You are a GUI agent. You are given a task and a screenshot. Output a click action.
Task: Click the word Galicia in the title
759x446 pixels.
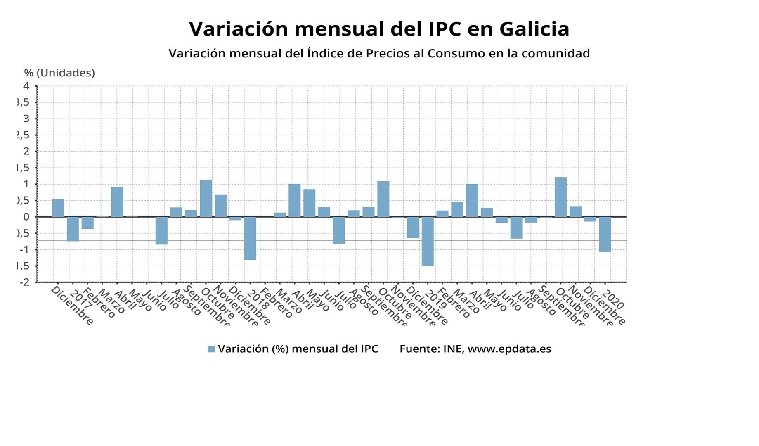tap(534, 29)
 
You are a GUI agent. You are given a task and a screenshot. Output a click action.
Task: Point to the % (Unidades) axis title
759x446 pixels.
tap(59, 73)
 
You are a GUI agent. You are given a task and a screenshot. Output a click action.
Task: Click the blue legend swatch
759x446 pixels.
tap(211, 349)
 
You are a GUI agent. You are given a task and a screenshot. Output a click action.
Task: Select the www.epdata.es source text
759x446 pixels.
tap(509, 349)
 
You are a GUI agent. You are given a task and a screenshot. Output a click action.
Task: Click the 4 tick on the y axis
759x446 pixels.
tap(27, 86)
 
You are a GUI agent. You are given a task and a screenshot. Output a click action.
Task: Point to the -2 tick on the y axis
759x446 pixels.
tap(25, 282)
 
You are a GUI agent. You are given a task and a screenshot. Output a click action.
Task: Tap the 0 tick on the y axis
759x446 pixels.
tap(27, 217)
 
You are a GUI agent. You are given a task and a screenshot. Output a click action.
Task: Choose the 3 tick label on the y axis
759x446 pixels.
tap(27, 119)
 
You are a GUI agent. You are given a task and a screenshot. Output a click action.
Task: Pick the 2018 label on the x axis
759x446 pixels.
tap(258, 300)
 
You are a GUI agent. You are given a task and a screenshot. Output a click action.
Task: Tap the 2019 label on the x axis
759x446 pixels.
tap(435, 300)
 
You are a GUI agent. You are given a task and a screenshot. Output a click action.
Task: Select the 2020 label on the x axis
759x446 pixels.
tap(613, 300)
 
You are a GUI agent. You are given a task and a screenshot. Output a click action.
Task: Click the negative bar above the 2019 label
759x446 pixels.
tap(428, 241)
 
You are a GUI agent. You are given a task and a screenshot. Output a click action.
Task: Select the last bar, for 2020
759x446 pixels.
tap(605, 234)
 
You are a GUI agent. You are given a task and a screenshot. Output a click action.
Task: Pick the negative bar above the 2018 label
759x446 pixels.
tap(250, 238)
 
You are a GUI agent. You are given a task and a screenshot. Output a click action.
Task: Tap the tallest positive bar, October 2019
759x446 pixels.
tap(560, 197)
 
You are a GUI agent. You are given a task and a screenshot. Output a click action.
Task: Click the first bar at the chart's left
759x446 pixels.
tap(58, 208)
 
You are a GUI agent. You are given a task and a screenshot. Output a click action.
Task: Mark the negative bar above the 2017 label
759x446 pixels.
tap(73, 229)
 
